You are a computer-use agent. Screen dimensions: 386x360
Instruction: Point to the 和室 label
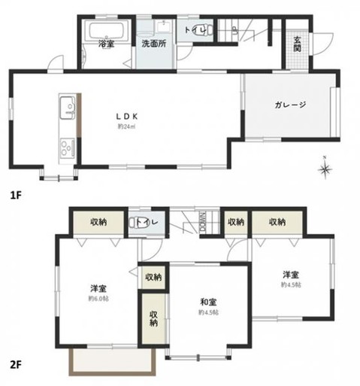(207, 300)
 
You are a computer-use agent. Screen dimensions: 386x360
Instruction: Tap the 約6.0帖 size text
(98, 299)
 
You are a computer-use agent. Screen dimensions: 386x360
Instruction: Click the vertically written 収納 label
(153, 318)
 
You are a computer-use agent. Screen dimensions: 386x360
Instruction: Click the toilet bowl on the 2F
(141, 222)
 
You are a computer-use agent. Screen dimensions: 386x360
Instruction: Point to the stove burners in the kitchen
(65, 144)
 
